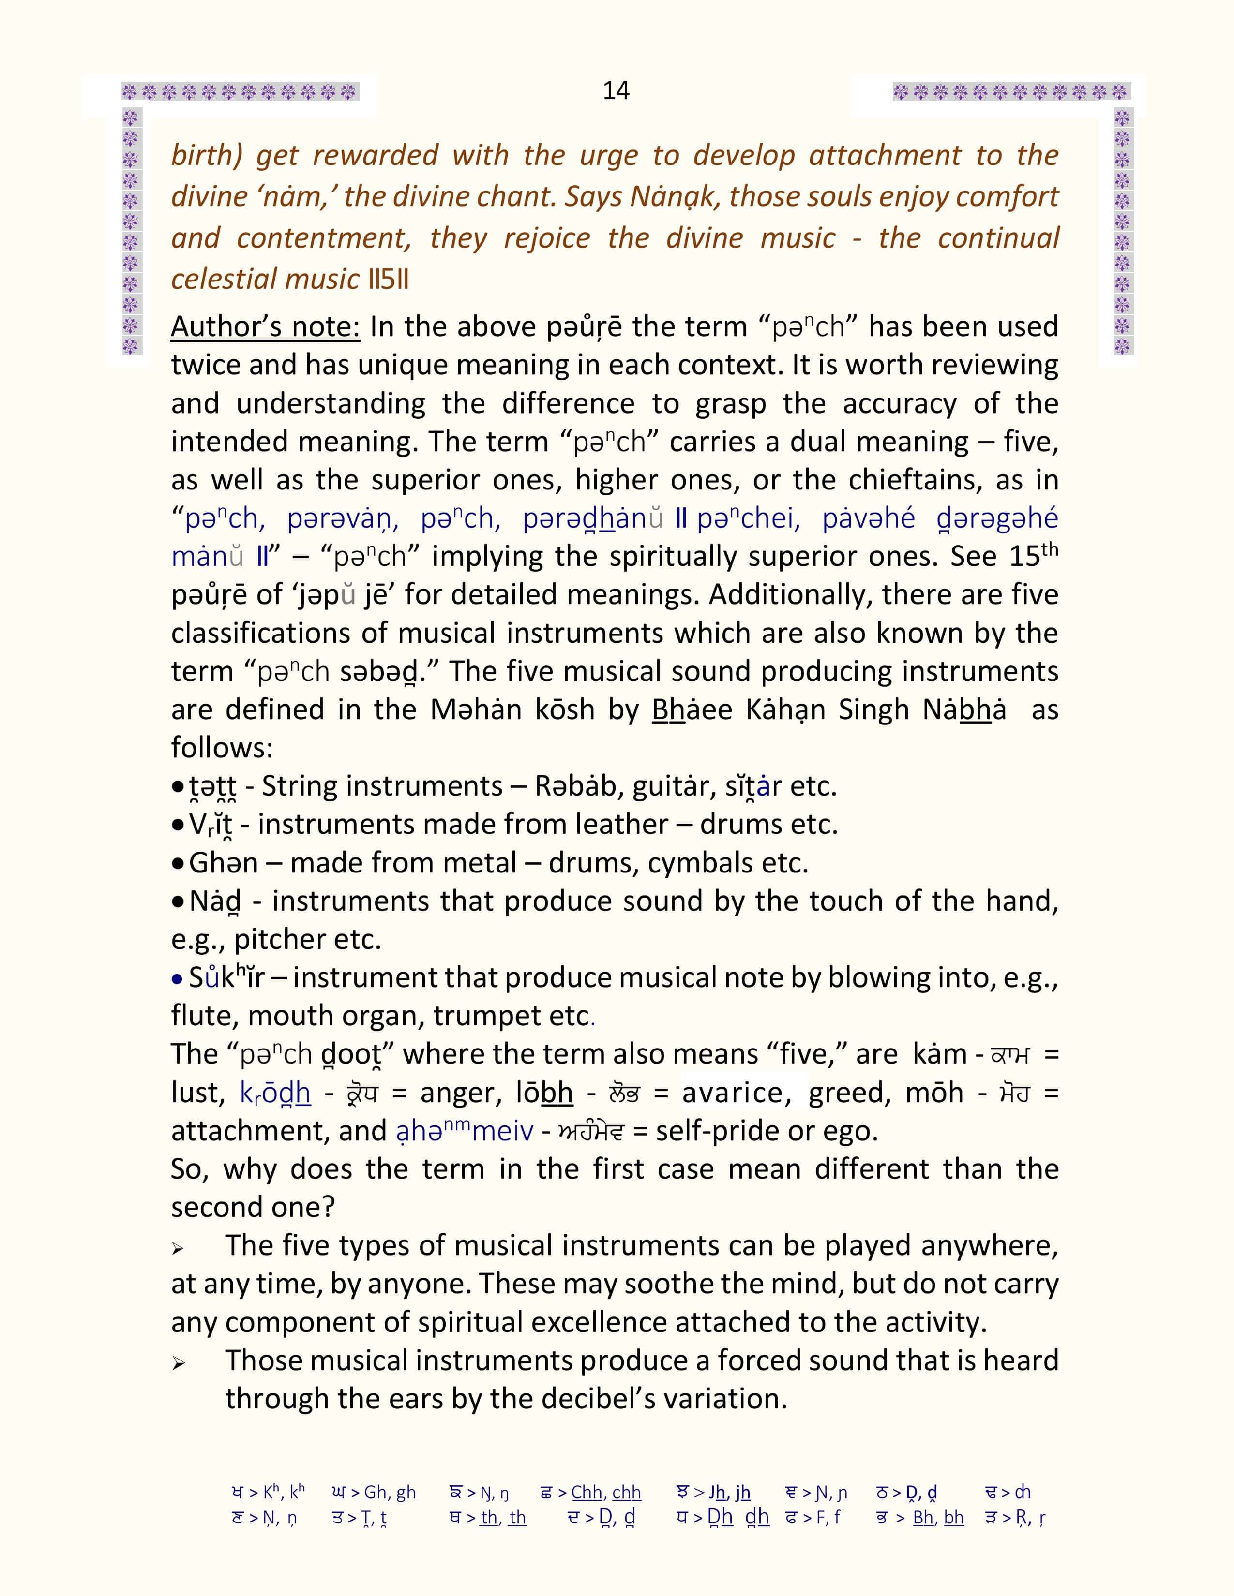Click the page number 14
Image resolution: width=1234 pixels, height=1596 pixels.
(616, 90)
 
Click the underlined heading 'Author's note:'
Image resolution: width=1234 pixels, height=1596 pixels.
(265, 326)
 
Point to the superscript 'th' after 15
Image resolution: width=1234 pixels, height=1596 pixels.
(1049, 548)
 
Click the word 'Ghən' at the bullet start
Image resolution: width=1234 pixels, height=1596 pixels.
(223, 863)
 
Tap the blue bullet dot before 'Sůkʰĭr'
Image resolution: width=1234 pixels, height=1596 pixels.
(177, 978)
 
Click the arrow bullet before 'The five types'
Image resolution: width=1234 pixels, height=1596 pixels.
(178, 1250)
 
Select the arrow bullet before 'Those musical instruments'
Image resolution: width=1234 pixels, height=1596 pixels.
(178, 1364)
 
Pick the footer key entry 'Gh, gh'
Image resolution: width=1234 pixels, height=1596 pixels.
(390, 1492)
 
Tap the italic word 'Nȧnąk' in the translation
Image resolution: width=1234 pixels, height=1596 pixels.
(673, 196)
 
